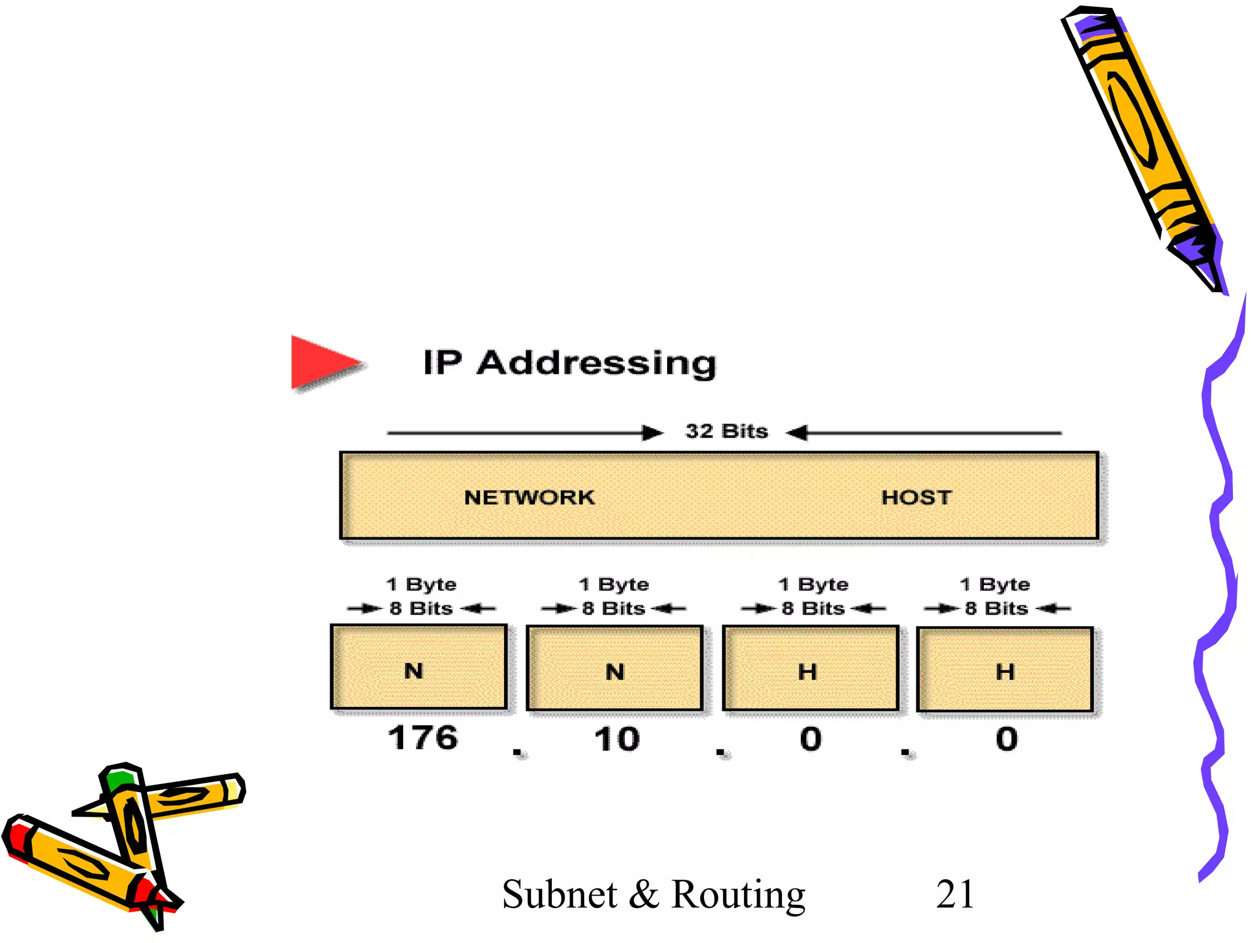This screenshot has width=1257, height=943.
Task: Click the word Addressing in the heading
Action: tap(597, 363)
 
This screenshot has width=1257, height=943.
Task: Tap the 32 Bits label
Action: tap(727, 432)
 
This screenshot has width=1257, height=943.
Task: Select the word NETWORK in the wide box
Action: tap(529, 497)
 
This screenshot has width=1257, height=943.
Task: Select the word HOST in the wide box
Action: tap(916, 497)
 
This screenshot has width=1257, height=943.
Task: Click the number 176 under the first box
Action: tap(423, 738)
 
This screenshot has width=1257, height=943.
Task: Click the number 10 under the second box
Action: tap(617, 739)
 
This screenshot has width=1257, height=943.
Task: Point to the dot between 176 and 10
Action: tap(517, 752)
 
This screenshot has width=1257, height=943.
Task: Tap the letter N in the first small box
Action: tap(414, 671)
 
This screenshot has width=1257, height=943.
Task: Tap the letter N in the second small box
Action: tap(614, 672)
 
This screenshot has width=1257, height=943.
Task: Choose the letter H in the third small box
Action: tap(807, 672)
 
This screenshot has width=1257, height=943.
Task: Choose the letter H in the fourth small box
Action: tap(1005, 672)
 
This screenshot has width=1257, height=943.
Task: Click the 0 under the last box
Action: tap(1007, 739)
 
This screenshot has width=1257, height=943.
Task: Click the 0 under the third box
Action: tap(811, 739)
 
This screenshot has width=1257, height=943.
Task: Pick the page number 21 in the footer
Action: tap(955, 894)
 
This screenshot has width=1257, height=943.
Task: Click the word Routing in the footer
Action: tap(738, 895)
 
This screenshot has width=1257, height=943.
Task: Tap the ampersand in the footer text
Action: tap(643, 895)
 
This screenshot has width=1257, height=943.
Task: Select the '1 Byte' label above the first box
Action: tap(421, 584)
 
